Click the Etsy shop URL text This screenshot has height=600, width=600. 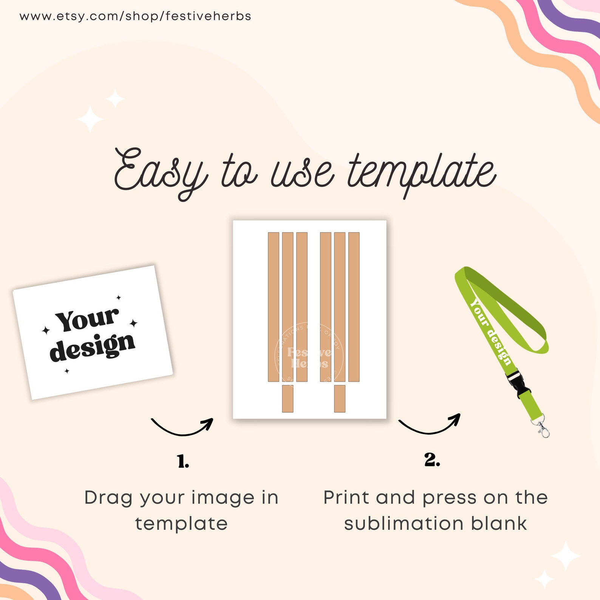point(135,16)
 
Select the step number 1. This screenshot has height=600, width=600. point(183,461)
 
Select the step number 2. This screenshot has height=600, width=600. point(432,460)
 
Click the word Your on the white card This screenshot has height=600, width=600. point(87,319)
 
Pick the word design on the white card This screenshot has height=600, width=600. point(93,347)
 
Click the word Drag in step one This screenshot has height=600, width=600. point(108,498)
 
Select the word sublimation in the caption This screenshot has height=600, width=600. point(403,524)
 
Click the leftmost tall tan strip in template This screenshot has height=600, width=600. point(274,307)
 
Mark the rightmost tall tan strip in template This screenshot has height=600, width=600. point(354,307)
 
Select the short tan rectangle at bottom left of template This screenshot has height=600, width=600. point(288,399)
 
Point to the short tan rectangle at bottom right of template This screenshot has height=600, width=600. point(340,399)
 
